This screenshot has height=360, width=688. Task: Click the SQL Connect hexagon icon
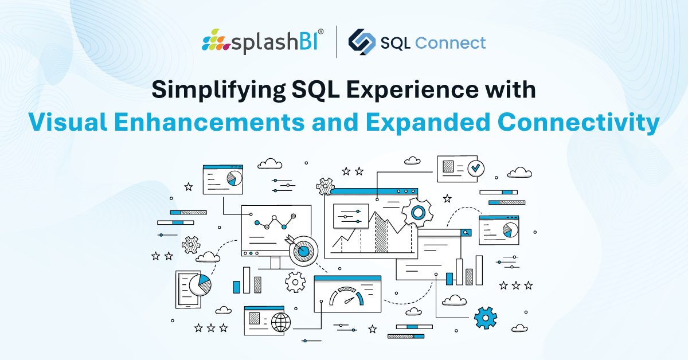point(362,42)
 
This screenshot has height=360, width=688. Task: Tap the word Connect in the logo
point(450,42)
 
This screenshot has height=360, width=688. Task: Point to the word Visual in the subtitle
point(68,122)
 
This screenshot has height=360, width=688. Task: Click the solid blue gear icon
point(485,318)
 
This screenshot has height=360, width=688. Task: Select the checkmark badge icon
point(476,168)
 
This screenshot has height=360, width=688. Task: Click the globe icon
point(281,322)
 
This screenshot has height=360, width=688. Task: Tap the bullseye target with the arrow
point(302,249)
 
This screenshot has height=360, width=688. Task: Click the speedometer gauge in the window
point(346,295)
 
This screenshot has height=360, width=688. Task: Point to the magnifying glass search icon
point(466,233)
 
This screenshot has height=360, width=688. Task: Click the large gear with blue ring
point(417,212)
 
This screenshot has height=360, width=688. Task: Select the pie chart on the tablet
point(200,285)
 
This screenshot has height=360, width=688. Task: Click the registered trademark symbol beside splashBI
point(320,32)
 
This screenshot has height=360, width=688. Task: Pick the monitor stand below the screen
point(276,263)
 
